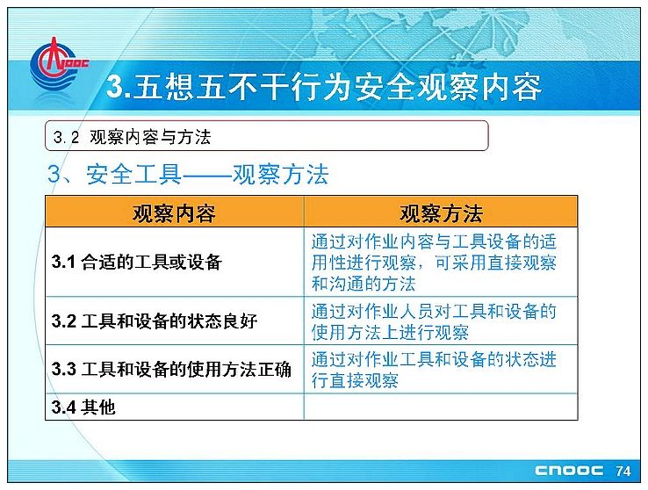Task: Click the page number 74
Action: pyautogui.click(x=623, y=471)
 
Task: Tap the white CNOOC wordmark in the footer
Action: pyautogui.click(x=569, y=471)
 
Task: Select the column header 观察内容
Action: pyautogui.click(x=174, y=213)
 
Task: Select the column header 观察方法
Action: pyautogui.click(x=441, y=213)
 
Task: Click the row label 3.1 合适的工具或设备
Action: pyautogui.click(x=137, y=262)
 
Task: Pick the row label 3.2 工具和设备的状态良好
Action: pyautogui.click(x=155, y=321)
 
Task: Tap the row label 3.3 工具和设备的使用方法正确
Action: pyautogui.click(x=171, y=369)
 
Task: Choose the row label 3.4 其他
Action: pyautogui.click(x=83, y=407)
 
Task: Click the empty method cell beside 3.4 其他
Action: pyautogui.click(x=441, y=407)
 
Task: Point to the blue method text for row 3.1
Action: pyautogui.click(x=434, y=263)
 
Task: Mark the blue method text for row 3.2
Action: pyautogui.click(x=434, y=321)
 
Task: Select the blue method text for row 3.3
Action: pyautogui.click(x=434, y=370)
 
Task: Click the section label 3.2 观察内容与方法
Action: pyautogui.click(x=133, y=137)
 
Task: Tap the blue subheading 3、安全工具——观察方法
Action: pyautogui.click(x=188, y=174)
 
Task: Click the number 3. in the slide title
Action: pyautogui.click(x=119, y=86)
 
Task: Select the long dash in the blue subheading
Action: pyautogui.click(x=207, y=176)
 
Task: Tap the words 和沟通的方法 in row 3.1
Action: pyautogui.click(x=364, y=284)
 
